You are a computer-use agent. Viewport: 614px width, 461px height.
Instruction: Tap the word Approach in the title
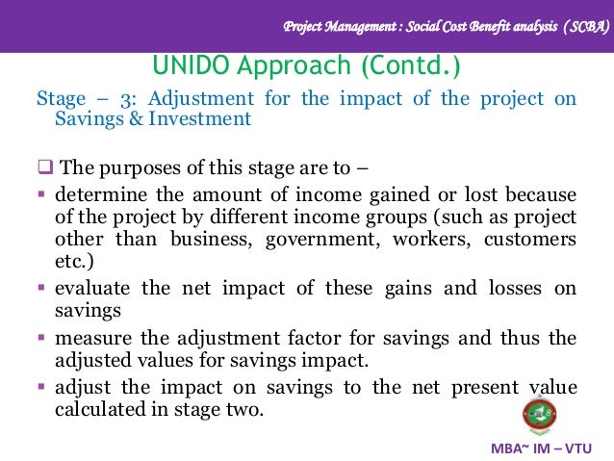pyautogui.click(x=288, y=67)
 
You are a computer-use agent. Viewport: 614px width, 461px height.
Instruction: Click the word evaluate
pyautogui.click(x=94, y=288)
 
